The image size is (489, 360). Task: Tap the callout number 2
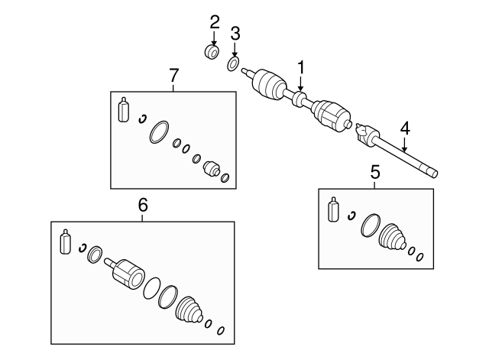tap(214, 22)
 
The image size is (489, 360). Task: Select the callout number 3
tap(235, 34)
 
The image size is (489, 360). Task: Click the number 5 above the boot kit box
tap(375, 172)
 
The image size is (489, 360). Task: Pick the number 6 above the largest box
tap(143, 205)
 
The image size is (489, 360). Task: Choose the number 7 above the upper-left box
tap(173, 76)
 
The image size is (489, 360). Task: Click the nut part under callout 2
tap(212, 52)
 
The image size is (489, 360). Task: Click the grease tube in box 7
tap(124, 109)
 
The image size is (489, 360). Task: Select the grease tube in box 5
tap(333, 209)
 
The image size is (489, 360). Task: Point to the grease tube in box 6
tap(65, 242)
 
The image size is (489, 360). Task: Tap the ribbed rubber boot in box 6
tap(189, 310)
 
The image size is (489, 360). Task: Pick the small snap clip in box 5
tap(351, 216)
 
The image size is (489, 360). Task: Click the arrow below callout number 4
tap(404, 144)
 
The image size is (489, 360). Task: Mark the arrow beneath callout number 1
tap(300, 84)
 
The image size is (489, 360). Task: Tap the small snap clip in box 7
tap(142, 119)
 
